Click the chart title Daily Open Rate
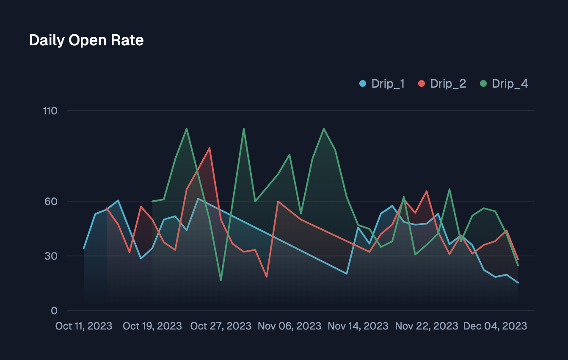click(86, 40)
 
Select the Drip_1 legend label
click(388, 83)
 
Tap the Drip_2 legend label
click(448, 83)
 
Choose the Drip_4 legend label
click(510, 83)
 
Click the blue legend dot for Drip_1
click(363, 83)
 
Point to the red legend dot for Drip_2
click(422, 83)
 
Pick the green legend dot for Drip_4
click(483, 83)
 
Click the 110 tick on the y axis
click(50, 111)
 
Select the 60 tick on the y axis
click(51, 201)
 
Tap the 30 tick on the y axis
click(51, 256)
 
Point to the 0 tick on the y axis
click(54, 310)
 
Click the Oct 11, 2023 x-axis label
click(84, 326)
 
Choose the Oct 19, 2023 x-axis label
click(152, 326)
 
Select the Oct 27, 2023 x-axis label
click(221, 326)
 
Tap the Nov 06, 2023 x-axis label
click(290, 326)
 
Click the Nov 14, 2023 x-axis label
click(358, 326)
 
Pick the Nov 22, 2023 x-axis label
click(427, 326)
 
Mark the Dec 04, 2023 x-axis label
click(495, 326)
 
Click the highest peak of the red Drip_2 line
click(210, 148)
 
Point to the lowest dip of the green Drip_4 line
click(221, 280)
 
